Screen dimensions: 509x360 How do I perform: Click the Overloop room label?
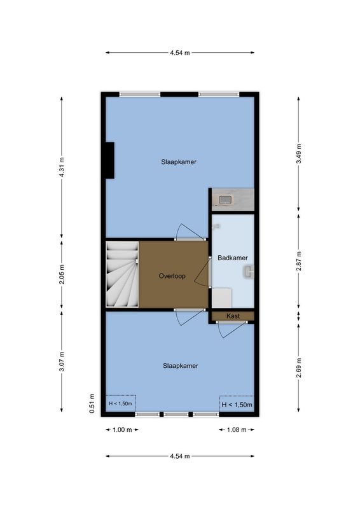[171, 276]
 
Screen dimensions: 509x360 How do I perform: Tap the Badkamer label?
[232, 258]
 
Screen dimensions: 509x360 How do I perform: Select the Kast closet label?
[232, 316]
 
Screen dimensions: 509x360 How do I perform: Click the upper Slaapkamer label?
[178, 162]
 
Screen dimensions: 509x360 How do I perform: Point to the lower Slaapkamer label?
[180, 366]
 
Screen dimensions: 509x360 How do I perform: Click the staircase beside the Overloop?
[122, 275]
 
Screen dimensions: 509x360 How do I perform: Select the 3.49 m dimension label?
[299, 154]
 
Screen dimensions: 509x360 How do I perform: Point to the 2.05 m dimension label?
[62, 275]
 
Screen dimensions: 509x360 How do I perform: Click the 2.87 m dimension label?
[299, 261]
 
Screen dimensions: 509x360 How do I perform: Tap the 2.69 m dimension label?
[299, 368]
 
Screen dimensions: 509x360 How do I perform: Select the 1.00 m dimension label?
[121, 430]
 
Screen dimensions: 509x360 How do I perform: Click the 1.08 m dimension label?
[237, 430]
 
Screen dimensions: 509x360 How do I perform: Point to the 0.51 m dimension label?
[92, 403]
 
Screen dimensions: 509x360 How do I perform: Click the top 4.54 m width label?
[180, 53]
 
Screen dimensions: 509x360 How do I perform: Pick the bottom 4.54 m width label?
[180, 456]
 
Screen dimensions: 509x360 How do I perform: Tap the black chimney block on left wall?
[109, 160]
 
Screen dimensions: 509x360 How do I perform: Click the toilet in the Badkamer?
[247, 272]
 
